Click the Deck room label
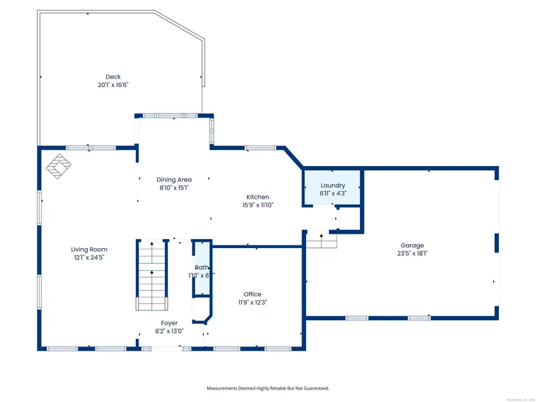pyautogui.click(x=113, y=77)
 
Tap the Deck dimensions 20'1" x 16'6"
pyautogui.click(x=113, y=84)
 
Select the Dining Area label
pyautogui.click(x=173, y=179)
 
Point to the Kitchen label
pyautogui.click(x=257, y=197)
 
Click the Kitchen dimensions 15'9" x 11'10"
pyautogui.click(x=257, y=205)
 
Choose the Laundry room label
pyautogui.click(x=333, y=185)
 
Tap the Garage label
pyautogui.click(x=412, y=245)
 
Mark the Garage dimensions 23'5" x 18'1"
pyautogui.click(x=412, y=253)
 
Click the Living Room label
pyautogui.click(x=89, y=249)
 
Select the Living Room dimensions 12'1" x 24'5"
pyautogui.click(x=89, y=257)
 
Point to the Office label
pyautogui.click(x=252, y=294)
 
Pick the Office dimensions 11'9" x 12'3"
pyautogui.click(x=252, y=301)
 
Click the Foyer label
pyautogui.click(x=169, y=323)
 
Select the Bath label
pyautogui.click(x=201, y=267)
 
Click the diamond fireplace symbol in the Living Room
pyautogui.click(x=58, y=166)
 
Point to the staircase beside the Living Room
pyautogui.click(x=152, y=273)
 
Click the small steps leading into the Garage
pyautogui.click(x=322, y=240)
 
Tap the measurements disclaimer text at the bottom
pyautogui.click(x=268, y=388)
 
